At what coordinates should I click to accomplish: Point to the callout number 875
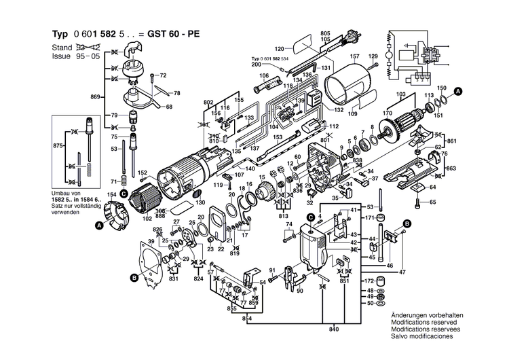coord(59,146)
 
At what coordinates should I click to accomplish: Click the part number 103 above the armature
coord(401,94)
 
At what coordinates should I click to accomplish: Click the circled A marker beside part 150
coord(458,90)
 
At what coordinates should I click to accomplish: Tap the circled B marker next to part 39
coord(134,277)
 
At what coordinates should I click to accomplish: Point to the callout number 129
coord(373,56)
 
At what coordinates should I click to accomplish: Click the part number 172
coord(369,281)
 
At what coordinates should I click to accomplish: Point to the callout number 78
coord(177,93)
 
